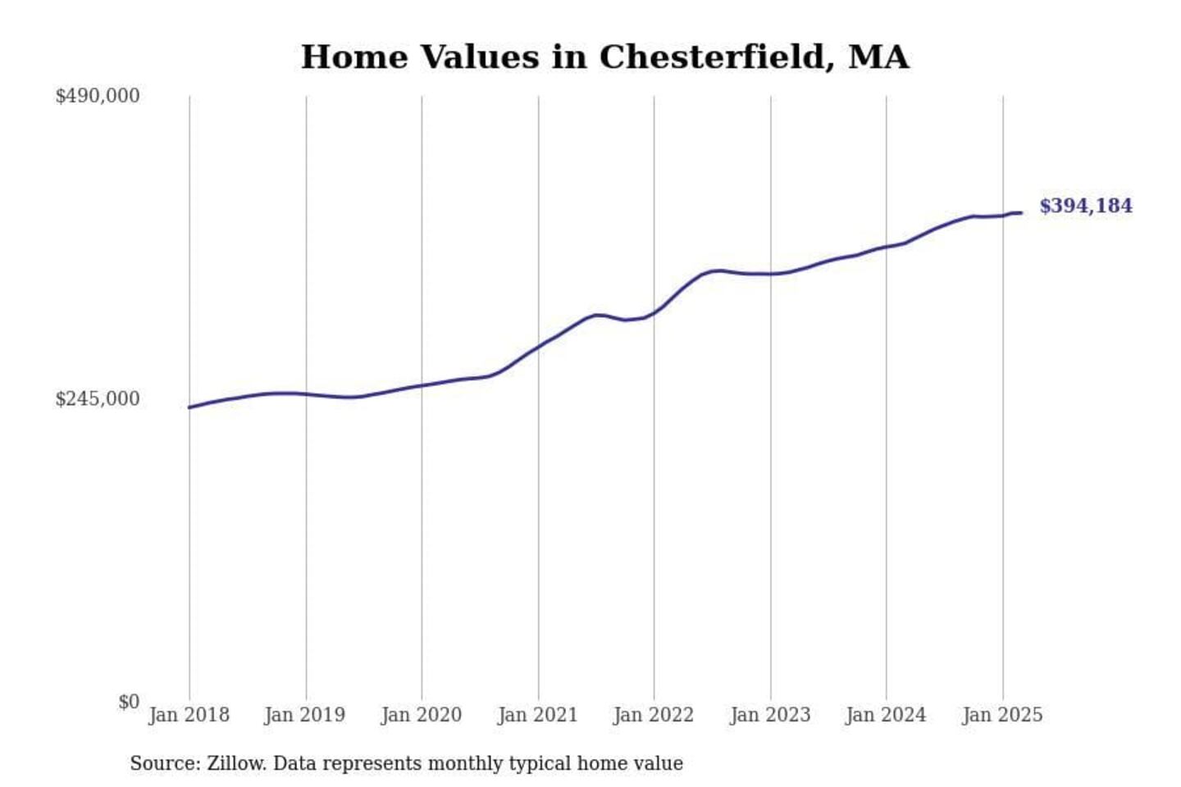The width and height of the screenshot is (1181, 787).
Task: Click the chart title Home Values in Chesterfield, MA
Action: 604,57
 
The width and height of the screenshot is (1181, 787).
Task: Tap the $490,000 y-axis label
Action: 97,96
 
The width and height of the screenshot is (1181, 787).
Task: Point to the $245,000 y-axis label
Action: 97,399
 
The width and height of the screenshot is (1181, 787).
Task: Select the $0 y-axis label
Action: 128,702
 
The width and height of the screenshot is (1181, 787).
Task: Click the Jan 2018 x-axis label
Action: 189,715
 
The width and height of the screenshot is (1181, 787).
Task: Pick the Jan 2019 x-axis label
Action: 305,715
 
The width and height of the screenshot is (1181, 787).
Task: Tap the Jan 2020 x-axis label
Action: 422,715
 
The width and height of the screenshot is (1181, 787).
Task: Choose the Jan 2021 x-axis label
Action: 538,715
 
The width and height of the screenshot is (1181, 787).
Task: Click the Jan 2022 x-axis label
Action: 654,715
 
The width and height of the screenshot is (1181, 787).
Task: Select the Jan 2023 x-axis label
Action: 770,715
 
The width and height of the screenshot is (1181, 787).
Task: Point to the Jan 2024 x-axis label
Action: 886,715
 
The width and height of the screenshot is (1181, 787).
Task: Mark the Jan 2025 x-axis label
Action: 1002,715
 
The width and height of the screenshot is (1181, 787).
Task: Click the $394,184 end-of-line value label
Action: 1086,206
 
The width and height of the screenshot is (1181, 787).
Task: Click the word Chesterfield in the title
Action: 712,57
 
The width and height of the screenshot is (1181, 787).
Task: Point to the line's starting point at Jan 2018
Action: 189,407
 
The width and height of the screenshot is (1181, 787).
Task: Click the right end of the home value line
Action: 1021,213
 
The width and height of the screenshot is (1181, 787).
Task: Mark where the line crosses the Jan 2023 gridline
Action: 771,274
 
